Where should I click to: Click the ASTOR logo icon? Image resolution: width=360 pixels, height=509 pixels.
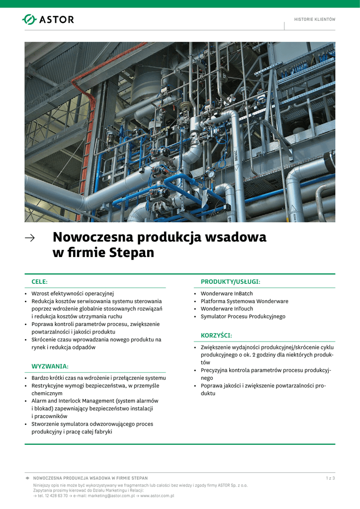coord(29,19)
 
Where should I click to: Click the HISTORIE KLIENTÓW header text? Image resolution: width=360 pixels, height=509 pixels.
coord(315,19)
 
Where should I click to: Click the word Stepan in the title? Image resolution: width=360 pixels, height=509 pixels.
coord(130,253)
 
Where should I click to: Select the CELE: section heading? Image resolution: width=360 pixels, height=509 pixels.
coord(40,282)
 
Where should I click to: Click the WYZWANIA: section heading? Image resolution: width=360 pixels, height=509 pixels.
coord(50,366)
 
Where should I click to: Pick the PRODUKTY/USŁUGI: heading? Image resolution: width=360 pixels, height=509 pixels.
coord(230,282)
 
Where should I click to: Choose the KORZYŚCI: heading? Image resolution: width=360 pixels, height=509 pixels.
coord(216,336)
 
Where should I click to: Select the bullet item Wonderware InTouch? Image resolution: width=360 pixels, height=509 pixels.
coord(227,309)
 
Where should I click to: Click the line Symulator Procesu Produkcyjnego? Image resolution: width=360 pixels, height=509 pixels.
coord(243,316)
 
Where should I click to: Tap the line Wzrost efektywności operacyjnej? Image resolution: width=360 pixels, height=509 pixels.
coord(73,294)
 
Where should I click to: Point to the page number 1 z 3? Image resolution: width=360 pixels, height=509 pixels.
coord(330,478)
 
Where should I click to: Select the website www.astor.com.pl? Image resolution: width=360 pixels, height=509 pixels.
coord(157,496)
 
